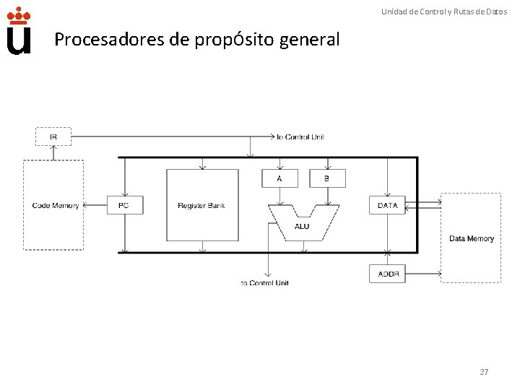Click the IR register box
(53, 136)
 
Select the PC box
(124, 205)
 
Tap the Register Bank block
(201, 205)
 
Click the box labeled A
(279, 178)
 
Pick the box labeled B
(327, 178)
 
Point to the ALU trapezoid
(302, 225)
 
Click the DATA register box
(388, 205)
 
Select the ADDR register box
(388, 274)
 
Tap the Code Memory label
(56, 206)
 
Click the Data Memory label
(472, 238)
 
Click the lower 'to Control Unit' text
(264, 283)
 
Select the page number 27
(484, 372)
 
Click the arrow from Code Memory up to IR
(53, 152)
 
